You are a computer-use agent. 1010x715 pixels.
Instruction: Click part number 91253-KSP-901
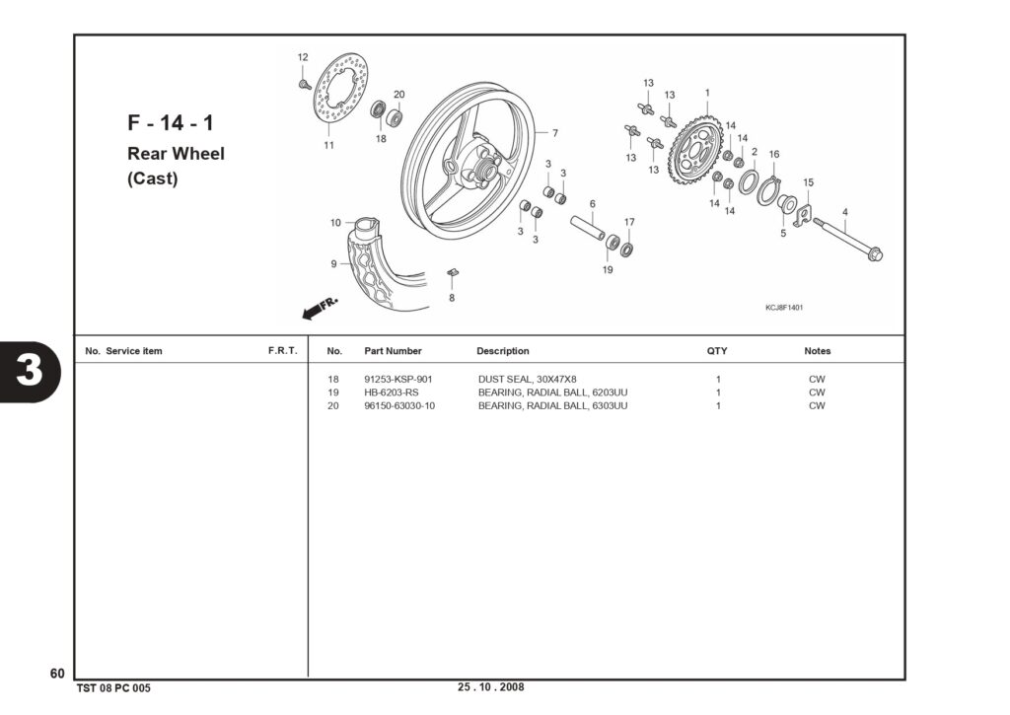pyautogui.click(x=398, y=380)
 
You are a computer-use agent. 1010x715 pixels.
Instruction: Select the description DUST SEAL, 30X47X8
pyautogui.click(x=527, y=380)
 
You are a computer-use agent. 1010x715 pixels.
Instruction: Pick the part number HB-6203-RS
pyautogui.click(x=391, y=393)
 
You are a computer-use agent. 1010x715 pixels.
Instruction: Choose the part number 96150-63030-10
pyautogui.click(x=399, y=405)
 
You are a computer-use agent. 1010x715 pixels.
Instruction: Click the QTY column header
pyautogui.click(x=717, y=351)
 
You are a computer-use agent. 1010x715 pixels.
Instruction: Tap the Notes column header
pyautogui.click(x=818, y=351)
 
